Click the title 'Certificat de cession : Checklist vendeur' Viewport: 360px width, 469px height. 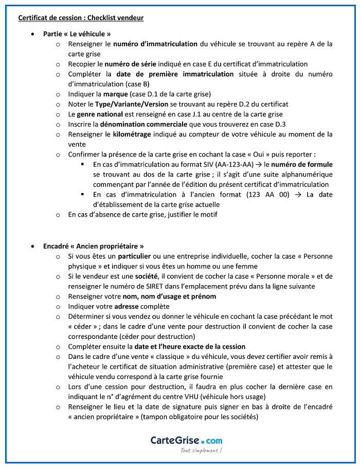point(81,18)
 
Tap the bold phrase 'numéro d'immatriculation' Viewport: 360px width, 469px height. point(155,44)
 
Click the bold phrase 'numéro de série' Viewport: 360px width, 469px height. point(125,64)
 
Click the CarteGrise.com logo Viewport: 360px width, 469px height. point(186,440)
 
